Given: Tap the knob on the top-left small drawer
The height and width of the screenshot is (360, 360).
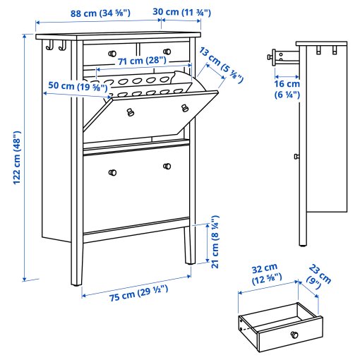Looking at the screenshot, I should [x=112, y=54].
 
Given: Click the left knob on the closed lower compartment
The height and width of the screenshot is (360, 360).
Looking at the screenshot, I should [x=112, y=172].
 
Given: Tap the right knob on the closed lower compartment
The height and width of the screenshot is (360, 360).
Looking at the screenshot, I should [x=167, y=167].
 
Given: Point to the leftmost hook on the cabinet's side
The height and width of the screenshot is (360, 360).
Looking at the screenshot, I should [x=49, y=47].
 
